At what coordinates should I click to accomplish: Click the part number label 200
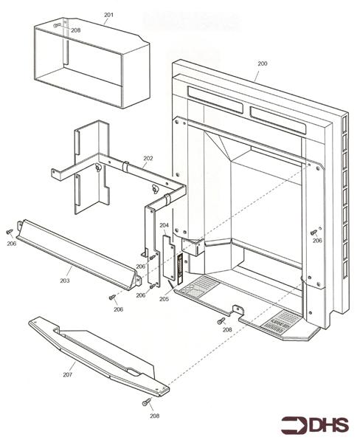click(262, 64)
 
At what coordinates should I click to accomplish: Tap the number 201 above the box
click(108, 15)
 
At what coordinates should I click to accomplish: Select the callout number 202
click(148, 158)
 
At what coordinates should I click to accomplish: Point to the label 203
click(65, 281)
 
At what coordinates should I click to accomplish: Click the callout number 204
click(164, 225)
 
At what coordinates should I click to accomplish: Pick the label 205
click(163, 299)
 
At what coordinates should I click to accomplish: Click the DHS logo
click(311, 425)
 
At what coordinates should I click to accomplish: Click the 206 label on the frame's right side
click(316, 241)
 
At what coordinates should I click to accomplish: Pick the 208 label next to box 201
click(75, 30)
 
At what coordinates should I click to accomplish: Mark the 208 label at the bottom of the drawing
click(153, 416)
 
